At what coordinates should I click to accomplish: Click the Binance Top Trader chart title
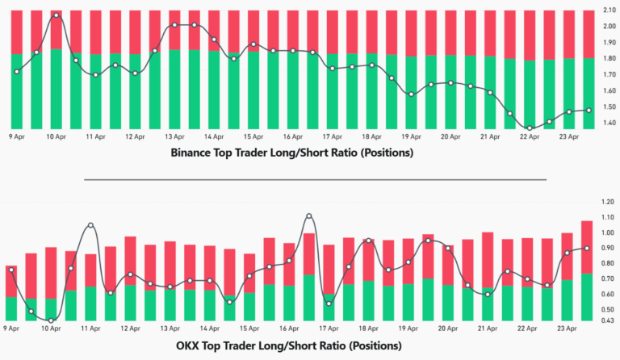click(x=292, y=153)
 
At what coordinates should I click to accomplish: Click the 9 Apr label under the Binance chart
click(x=16, y=137)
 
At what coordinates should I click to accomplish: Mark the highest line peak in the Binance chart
click(x=56, y=15)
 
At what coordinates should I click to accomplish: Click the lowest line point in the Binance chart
click(x=530, y=128)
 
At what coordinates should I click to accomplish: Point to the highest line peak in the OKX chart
click(x=308, y=216)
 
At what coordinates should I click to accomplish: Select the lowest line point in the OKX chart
click(x=50, y=320)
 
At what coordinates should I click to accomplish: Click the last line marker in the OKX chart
click(x=587, y=248)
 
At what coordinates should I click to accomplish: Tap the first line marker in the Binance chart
click(x=16, y=72)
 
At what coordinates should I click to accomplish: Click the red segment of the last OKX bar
click(x=587, y=246)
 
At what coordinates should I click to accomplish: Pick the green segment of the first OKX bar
click(x=11, y=308)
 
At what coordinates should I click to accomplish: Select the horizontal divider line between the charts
click(x=315, y=179)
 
